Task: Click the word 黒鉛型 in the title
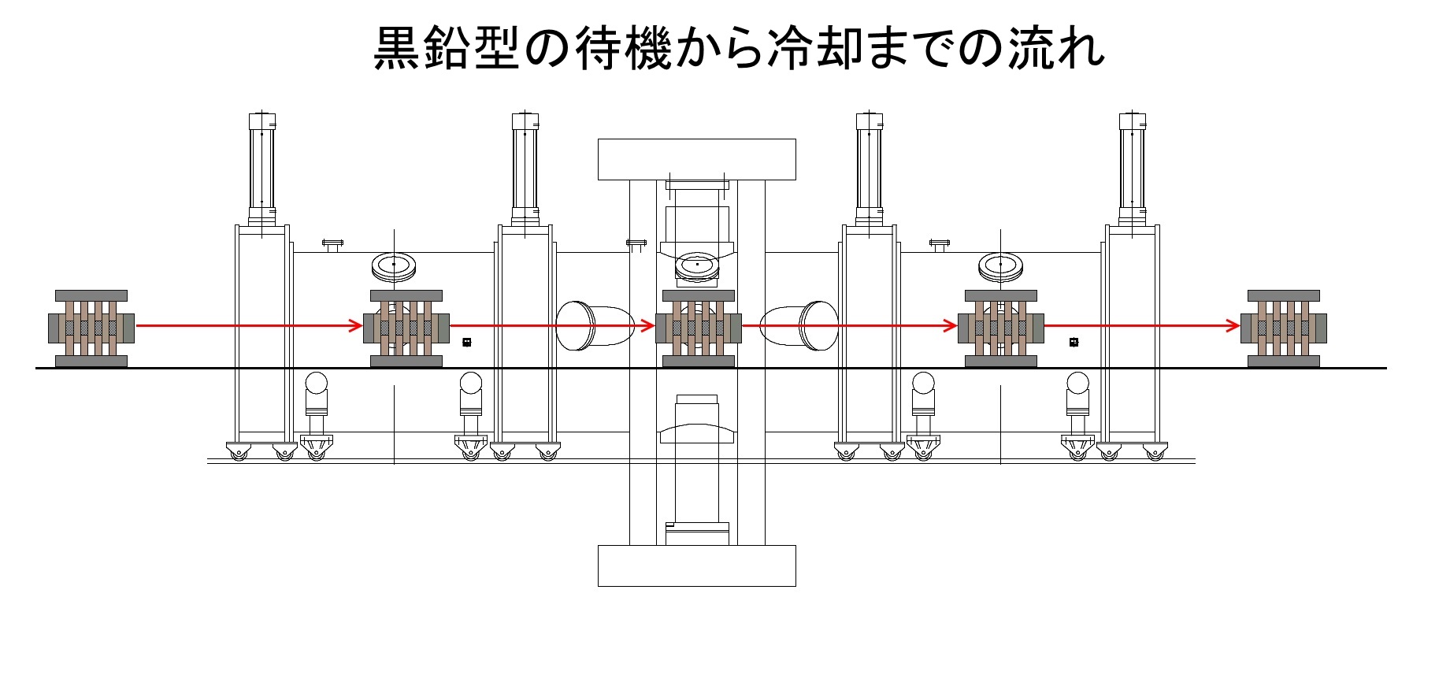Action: [446, 48]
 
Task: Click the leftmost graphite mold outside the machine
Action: [91, 328]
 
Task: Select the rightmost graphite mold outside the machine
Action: [1283, 328]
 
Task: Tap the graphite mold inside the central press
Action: [699, 328]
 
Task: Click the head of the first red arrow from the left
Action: [356, 325]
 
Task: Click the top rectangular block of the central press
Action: [696, 159]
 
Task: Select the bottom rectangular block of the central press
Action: [696, 565]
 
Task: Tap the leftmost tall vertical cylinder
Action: [262, 169]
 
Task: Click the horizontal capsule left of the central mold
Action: [595, 325]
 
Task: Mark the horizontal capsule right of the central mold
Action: [799, 325]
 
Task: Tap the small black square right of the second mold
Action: [466, 342]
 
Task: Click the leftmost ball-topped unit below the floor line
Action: [316, 394]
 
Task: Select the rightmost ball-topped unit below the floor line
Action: [1077, 394]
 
